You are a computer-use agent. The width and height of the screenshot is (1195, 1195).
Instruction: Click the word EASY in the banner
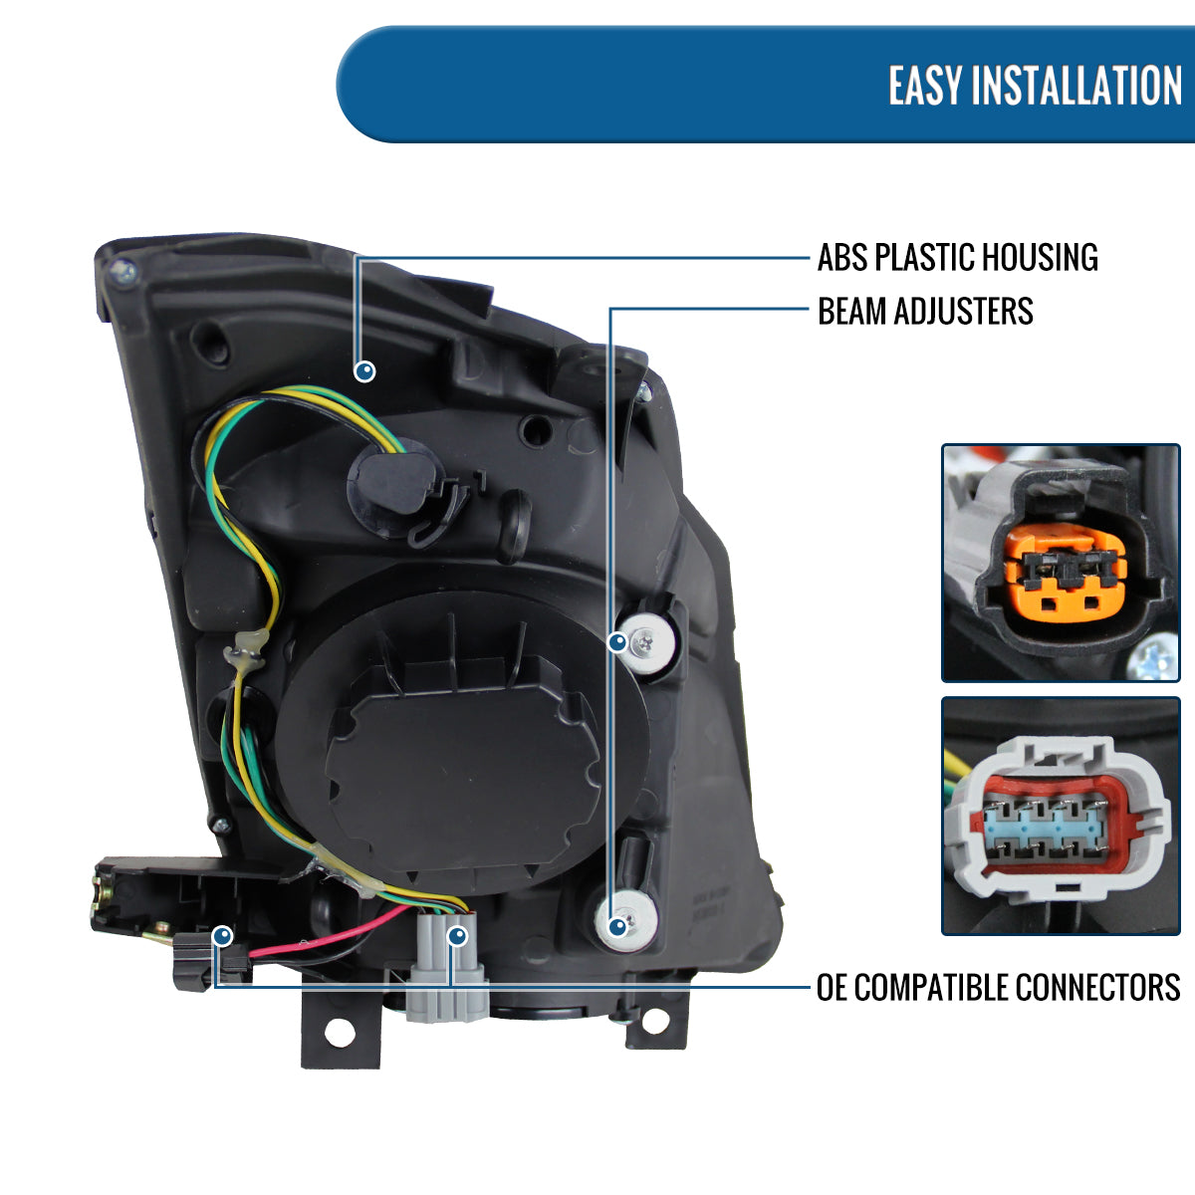click(x=925, y=86)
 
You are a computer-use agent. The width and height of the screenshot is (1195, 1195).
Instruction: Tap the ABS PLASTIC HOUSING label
click(x=957, y=257)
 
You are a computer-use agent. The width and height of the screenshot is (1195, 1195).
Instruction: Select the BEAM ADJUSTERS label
click(x=925, y=311)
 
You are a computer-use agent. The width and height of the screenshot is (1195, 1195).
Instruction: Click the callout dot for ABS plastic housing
click(x=365, y=371)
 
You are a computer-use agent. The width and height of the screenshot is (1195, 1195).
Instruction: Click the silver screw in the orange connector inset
click(x=1157, y=659)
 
